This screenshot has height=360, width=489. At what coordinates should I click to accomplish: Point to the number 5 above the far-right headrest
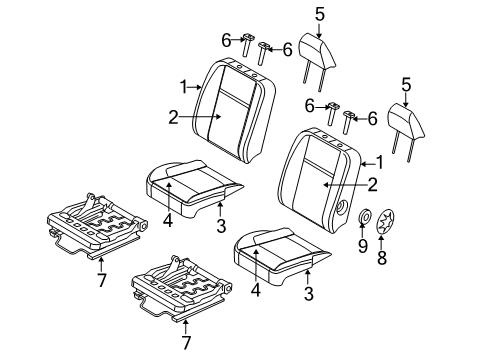tap(405, 85)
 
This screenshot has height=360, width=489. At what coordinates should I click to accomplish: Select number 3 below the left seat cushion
tap(220, 227)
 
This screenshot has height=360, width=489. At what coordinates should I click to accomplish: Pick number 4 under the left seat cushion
tap(168, 220)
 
